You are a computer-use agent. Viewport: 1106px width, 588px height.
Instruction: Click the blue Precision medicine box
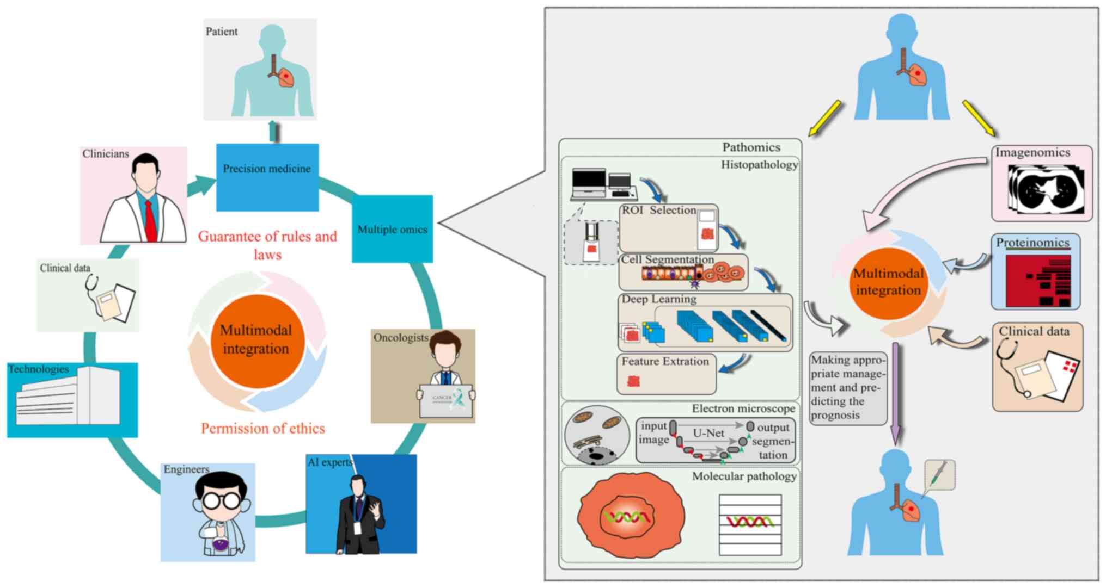click(x=267, y=177)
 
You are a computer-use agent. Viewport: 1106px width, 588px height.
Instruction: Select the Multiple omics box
click(x=392, y=229)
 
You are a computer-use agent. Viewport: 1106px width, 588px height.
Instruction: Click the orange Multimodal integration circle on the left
click(x=256, y=340)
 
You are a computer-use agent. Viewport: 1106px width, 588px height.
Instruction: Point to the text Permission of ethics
click(x=263, y=429)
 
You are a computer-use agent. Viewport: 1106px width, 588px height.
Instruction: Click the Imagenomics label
click(x=1032, y=153)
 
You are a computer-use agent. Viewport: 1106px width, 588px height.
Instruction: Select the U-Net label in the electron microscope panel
click(x=708, y=434)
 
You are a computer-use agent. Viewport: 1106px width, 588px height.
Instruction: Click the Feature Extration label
click(x=665, y=362)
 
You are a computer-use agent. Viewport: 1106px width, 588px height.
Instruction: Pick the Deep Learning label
click(x=659, y=299)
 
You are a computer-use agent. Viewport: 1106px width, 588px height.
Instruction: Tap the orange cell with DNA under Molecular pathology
click(x=630, y=515)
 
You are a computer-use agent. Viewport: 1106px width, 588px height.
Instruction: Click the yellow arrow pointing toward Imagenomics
click(x=978, y=117)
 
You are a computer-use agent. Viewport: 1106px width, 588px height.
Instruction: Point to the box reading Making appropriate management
click(x=847, y=387)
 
